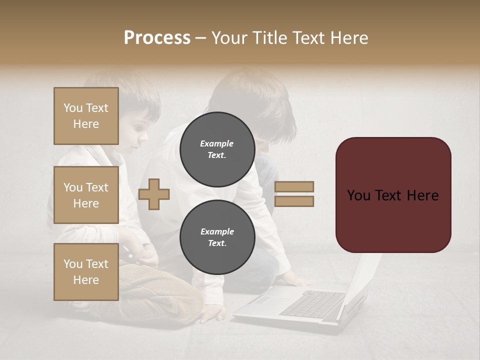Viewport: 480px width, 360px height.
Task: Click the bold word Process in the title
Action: coord(157,38)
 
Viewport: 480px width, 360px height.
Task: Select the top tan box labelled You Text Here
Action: coord(86,116)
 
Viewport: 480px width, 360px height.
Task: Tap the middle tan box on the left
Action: coord(86,195)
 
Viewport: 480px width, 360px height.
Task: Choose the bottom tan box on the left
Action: coord(86,272)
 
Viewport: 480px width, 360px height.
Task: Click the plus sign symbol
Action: coord(154,193)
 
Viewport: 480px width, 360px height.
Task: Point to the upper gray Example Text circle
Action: coord(217,149)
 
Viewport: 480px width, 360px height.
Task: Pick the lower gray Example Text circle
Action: coord(217,237)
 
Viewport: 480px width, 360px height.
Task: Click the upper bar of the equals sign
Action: coord(294,186)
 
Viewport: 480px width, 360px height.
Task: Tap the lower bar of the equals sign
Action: coord(294,201)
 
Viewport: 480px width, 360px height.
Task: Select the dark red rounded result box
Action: coord(393,195)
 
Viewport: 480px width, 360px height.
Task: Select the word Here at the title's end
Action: coord(349,38)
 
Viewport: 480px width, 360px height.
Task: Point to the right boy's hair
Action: coord(260,100)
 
